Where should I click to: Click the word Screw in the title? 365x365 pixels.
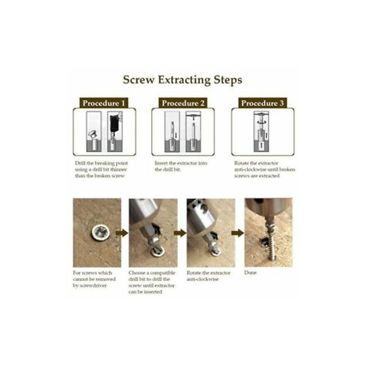(x=139, y=79)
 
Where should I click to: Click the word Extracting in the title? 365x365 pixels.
(x=185, y=80)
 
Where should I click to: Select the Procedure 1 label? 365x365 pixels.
(x=104, y=103)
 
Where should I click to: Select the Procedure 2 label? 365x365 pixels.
(x=183, y=103)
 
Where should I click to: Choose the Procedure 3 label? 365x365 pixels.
(x=262, y=103)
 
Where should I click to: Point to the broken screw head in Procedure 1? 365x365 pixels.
(x=93, y=134)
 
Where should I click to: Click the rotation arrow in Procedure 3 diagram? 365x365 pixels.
(x=261, y=122)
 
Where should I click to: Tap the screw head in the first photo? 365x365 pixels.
(x=100, y=232)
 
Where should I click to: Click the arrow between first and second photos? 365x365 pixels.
(x=122, y=233)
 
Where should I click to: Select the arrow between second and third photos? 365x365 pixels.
(x=180, y=233)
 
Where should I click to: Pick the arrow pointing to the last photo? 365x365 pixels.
(x=237, y=233)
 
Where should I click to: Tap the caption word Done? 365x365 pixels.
(x=250, y=272)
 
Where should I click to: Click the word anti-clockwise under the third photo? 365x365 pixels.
(x=203, y=279)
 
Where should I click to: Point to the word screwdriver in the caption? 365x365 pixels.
(x=93, y=286)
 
